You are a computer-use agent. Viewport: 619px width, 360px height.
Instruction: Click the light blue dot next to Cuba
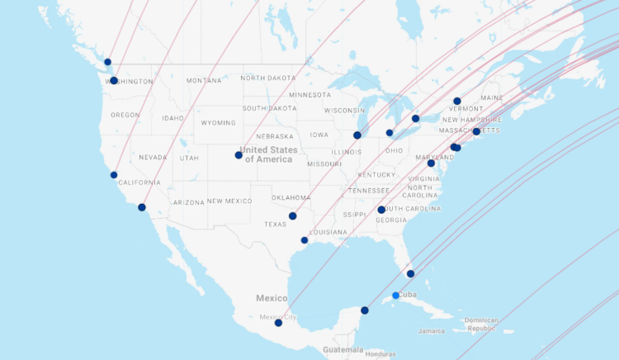(396, 296)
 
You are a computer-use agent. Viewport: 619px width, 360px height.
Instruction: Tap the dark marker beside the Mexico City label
(278, 323)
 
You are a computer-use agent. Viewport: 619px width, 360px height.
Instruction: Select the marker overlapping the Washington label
(114, 81)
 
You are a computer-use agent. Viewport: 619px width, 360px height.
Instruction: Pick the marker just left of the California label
(114, 175)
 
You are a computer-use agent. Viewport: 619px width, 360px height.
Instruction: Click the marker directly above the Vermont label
(456, 101)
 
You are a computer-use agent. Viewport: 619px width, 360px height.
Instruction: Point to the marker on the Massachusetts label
(476, 131)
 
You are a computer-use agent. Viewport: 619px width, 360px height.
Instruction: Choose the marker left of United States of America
(239, 155)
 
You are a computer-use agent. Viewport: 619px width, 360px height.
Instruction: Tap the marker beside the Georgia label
(381, 210)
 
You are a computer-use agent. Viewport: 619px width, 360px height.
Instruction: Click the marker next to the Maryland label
(431, 163)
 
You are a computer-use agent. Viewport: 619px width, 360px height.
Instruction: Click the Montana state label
(204, 80)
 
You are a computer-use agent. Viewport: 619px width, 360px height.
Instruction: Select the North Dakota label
(267, 78)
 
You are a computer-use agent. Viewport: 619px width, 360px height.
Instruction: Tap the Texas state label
(275, 224)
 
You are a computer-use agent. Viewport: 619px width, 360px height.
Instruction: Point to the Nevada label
(153, 157)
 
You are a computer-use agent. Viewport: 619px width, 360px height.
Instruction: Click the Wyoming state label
(218, 122)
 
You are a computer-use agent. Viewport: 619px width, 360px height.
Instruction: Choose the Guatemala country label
(343, 350)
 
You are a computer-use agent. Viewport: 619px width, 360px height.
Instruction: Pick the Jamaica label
(431, 330)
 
